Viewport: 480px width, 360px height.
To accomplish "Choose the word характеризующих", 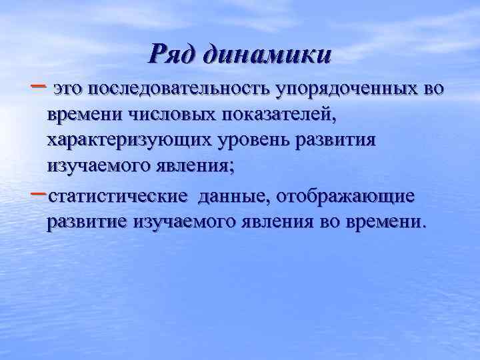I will click(x=126, y=141).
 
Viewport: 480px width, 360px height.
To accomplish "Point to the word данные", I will click(x=235, y=197).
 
